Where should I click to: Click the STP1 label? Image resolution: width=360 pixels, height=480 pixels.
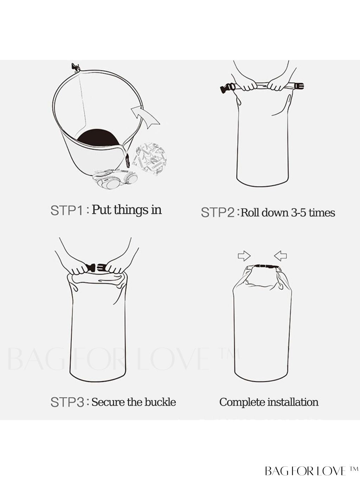pos(67,210)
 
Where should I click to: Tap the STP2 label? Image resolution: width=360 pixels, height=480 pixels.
pos(218,212)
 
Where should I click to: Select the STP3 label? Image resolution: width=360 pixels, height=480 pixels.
pos(67,402)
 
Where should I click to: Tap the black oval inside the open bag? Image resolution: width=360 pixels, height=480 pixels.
pos(98,138)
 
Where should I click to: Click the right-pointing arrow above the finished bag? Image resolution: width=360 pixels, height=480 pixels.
pos(244,256)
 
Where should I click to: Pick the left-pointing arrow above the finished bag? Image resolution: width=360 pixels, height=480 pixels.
pos(281,256)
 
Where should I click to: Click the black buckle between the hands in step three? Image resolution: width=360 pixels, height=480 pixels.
pos(96,267)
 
